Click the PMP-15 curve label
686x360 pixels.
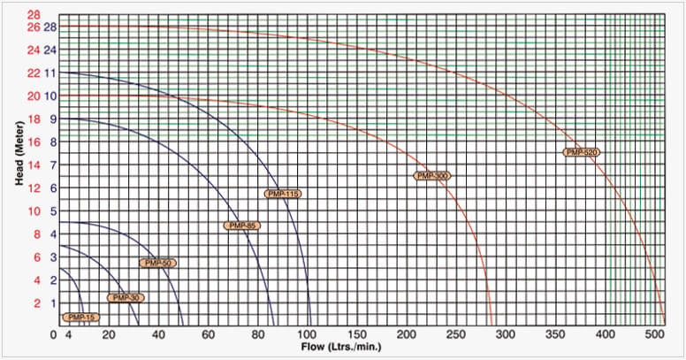point(80,317)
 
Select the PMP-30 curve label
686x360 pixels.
point(125,298)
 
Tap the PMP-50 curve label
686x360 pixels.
point(158,263)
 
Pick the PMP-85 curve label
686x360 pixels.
point(241,226)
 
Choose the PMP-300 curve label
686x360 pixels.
point(432,176)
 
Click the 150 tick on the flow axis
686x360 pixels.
point(358,335)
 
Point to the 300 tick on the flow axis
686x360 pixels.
point(507,335)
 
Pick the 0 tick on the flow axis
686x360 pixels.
point(54,335)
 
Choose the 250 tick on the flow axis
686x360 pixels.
point(458,335)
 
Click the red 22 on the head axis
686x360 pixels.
point(34,73)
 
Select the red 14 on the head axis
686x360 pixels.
point(34,165)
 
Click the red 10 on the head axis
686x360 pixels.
point(34,211)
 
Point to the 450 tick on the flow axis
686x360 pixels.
point(606,335)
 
